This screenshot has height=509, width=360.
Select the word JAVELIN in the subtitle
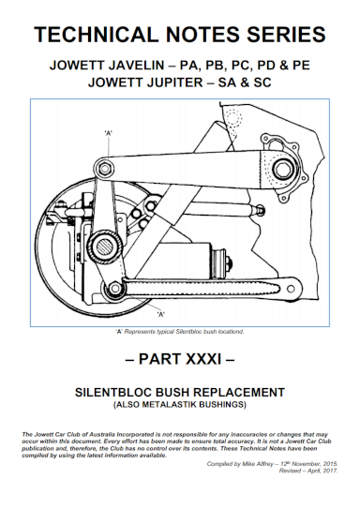(x=137, y=67)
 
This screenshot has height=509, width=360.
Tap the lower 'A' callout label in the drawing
(x=160, y=314)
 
